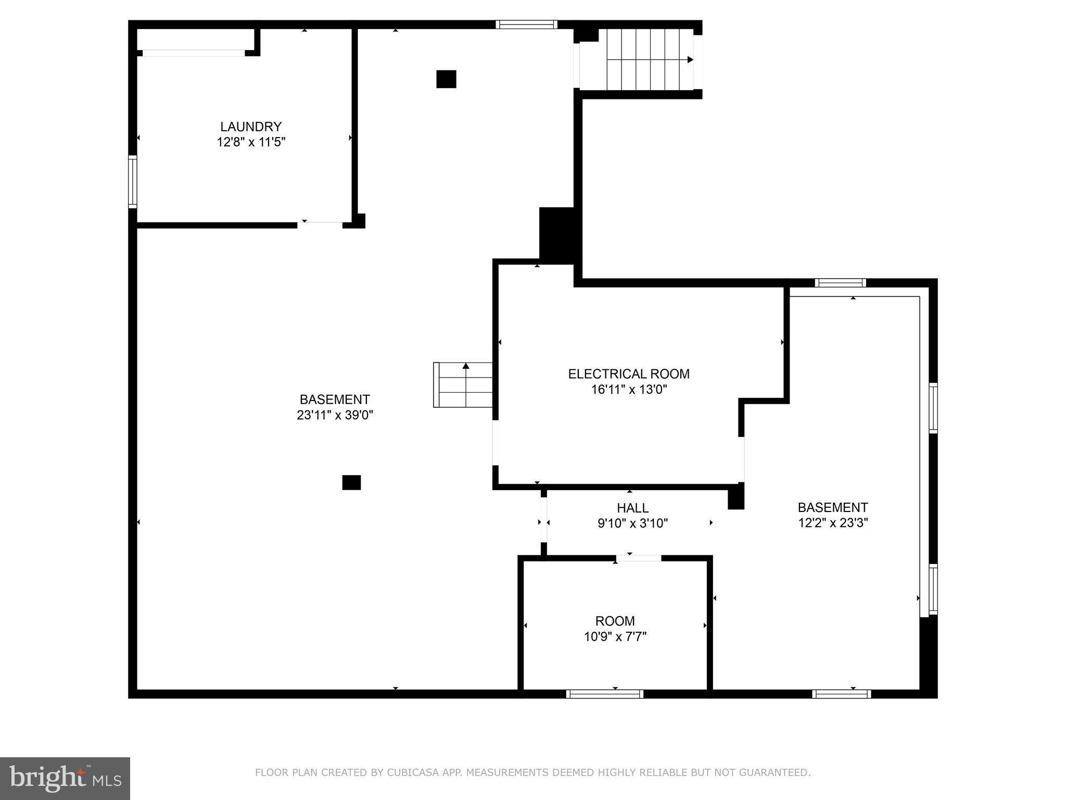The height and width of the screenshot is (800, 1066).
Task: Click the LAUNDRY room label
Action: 251,127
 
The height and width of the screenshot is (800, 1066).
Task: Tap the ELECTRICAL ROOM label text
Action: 629,374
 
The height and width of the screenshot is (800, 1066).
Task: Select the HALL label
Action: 633,508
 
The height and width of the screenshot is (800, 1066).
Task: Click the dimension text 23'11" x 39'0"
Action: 335,415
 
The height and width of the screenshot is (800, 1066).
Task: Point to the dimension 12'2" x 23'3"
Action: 833,523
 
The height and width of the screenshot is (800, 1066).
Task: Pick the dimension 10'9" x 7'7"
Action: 615,636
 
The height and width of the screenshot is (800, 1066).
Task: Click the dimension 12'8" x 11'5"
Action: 251,142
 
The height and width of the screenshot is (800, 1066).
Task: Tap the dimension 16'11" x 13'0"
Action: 629,390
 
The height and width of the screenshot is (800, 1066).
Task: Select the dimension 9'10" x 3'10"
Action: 633,523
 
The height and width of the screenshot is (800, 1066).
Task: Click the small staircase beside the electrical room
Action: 463,385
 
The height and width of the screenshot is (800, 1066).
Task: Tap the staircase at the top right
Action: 646,59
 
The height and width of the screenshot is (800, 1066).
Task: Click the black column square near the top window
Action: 446,79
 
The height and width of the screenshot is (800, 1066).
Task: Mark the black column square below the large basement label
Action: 351,483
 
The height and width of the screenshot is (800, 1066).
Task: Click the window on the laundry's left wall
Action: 133,182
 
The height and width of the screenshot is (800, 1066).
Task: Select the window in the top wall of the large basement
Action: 527,24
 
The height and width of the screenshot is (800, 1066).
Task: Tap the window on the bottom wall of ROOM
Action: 605,694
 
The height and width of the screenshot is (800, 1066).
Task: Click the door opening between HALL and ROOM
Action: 639,558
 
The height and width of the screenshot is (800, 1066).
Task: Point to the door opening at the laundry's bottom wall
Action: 320,225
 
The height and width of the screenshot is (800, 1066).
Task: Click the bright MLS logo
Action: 65,778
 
